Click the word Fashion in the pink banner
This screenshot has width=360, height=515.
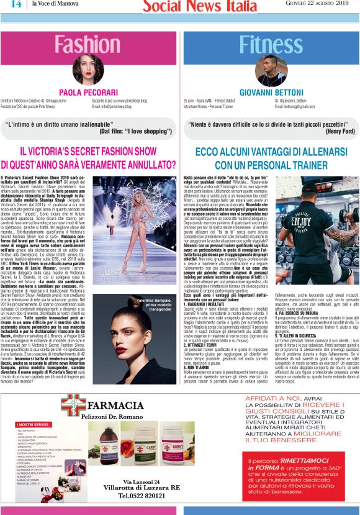pyautogui.click(x=87, y=44)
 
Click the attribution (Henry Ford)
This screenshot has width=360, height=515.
pyautogui.click(x=340, y=131)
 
